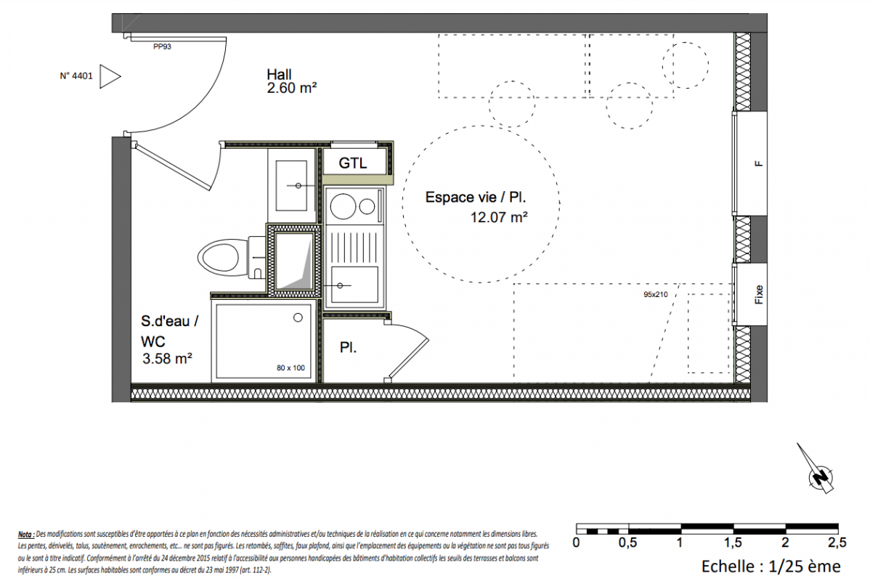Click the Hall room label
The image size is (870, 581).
coord(279,74)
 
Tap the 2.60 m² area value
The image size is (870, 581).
coord(292,88)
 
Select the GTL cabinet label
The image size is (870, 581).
coord(353,163)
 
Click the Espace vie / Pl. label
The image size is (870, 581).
coord(476,197)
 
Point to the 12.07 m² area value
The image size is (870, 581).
coord(499,218)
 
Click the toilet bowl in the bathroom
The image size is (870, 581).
coord(220,258)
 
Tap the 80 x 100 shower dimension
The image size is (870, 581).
coord(290,368)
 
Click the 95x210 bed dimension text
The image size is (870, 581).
coord(655,295)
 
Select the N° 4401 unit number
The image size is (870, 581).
coord(76,76)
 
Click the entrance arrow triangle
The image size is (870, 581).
coord(109,76)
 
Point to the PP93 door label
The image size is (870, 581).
coord(162,46)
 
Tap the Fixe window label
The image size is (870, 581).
coord(758,294)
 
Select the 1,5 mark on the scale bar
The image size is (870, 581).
coord(733,543)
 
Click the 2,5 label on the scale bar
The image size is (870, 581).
coord(837,543)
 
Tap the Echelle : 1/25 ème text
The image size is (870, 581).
coord(771,566)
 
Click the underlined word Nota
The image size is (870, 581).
coord(25,535)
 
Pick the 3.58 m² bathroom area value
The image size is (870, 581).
coord(167,359)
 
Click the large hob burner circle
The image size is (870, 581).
coord(343,207)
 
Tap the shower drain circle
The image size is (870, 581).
coord(298,317)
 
